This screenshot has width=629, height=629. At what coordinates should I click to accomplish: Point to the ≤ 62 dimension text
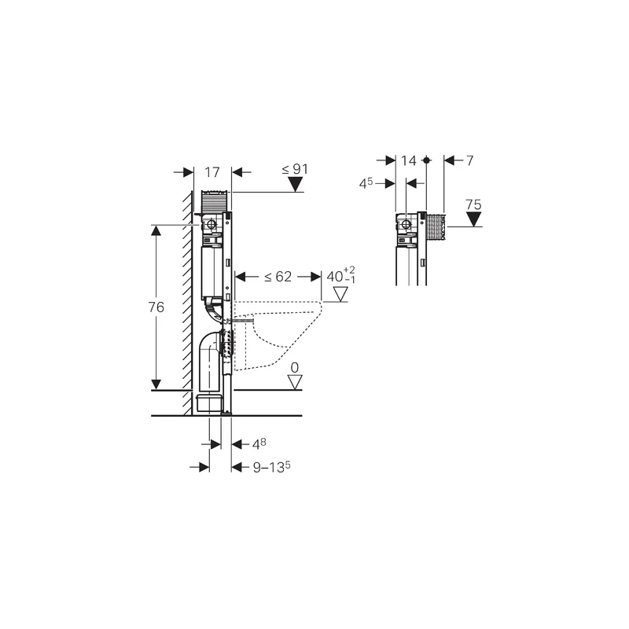coord(278,276)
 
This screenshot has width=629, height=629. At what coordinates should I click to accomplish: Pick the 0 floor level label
coord(295,367)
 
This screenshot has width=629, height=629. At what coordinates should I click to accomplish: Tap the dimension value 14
coord(408,160)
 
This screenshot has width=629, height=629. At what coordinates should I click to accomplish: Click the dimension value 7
coord(469,160)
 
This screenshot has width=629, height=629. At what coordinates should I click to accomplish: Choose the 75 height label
coord(473,204)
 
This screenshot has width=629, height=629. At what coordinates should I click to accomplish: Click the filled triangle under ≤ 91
coord(295,186)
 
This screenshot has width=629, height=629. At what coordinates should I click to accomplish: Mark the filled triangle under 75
coord(473,219)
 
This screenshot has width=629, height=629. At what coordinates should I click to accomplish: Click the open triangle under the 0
coord(295,382)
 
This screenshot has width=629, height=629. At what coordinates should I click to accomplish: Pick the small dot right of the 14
coord(426,160)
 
